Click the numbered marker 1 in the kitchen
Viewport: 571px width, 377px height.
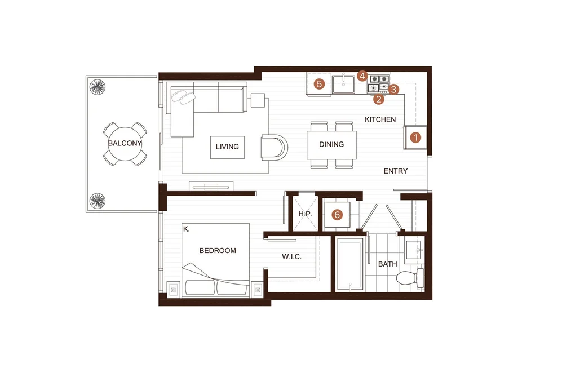415,138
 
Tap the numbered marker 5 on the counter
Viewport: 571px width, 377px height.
319,84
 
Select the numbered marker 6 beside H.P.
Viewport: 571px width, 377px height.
337,215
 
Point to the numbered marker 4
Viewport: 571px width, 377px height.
362,76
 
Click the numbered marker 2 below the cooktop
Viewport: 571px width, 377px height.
379,99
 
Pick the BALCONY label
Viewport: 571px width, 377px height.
125,143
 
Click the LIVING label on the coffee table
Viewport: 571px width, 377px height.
227,147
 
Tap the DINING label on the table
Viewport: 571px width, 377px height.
331,144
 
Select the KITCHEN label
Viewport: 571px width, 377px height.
380,119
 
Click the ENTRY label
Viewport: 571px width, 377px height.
396,171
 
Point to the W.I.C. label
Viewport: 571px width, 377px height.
291,257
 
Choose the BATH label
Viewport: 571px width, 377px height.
387,264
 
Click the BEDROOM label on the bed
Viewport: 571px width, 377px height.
218,250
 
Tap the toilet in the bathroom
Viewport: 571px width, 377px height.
410,278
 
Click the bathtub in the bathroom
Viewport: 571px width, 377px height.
350,264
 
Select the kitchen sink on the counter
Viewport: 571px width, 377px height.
343,84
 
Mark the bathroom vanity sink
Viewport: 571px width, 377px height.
414,250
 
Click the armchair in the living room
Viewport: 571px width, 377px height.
274,147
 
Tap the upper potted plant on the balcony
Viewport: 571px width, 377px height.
98,87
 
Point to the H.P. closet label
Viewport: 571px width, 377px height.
305,214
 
